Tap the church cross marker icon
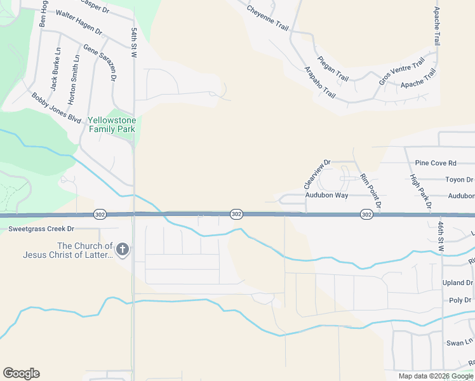point(123,250)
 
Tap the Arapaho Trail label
point(319,82)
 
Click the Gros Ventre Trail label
point(401,71)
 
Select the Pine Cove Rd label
point(436,163)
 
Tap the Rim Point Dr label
point(370,191)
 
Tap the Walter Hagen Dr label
point(79,22)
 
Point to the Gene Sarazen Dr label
point(100,62)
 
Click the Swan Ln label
point(459,342)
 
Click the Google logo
point(21,373)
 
